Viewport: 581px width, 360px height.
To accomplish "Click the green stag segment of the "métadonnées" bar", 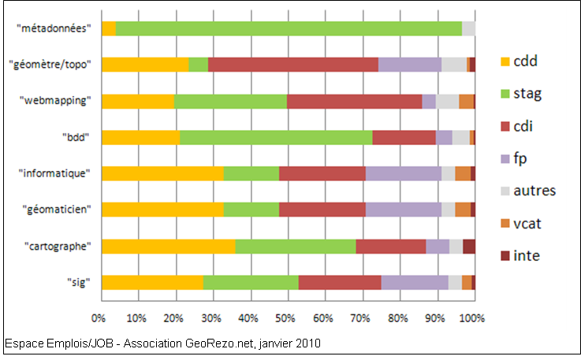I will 289,28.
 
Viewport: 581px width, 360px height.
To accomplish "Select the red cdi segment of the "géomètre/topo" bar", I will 292,65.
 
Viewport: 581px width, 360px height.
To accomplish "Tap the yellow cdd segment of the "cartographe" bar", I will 168,246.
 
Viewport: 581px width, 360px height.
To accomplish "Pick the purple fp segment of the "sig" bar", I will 415,282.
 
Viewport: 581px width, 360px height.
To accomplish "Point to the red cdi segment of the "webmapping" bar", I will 354,101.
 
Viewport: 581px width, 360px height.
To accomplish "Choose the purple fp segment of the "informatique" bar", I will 403,173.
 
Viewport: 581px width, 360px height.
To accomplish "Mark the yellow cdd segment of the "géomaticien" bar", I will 162,210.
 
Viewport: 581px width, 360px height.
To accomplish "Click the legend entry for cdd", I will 525,61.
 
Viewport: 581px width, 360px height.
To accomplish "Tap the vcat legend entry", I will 527,224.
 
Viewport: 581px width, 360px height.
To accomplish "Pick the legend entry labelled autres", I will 534,191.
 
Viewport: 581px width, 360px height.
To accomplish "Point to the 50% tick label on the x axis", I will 285,319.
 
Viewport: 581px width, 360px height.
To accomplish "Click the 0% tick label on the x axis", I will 99,319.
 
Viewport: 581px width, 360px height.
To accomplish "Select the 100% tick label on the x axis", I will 472,319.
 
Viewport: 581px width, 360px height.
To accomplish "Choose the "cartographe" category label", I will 58,246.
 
